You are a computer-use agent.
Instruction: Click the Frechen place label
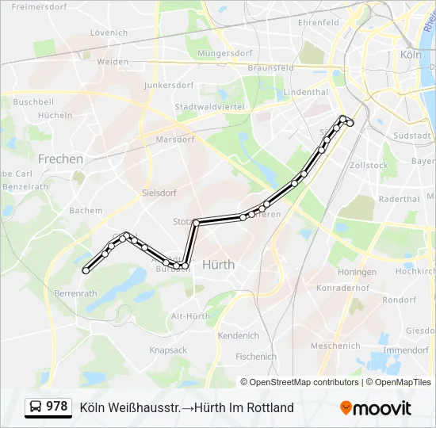[60, 159]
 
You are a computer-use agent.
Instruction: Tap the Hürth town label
[218, 264]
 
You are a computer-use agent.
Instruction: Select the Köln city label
[411, 55]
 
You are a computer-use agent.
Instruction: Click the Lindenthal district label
[305, 92]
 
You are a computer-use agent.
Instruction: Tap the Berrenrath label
[75, 292]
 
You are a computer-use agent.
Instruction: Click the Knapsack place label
[168, 350]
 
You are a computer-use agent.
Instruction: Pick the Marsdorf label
[175, 139]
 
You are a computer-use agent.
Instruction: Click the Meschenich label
[335, 346]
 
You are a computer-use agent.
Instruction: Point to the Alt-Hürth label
[190, 316]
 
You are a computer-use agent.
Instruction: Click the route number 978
[57, 407]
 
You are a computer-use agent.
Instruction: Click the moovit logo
[377, 407]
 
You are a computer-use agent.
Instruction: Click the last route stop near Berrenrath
[86, 270]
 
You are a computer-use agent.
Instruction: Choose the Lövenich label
[109, 32]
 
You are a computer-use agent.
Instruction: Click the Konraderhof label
[342, 288]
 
